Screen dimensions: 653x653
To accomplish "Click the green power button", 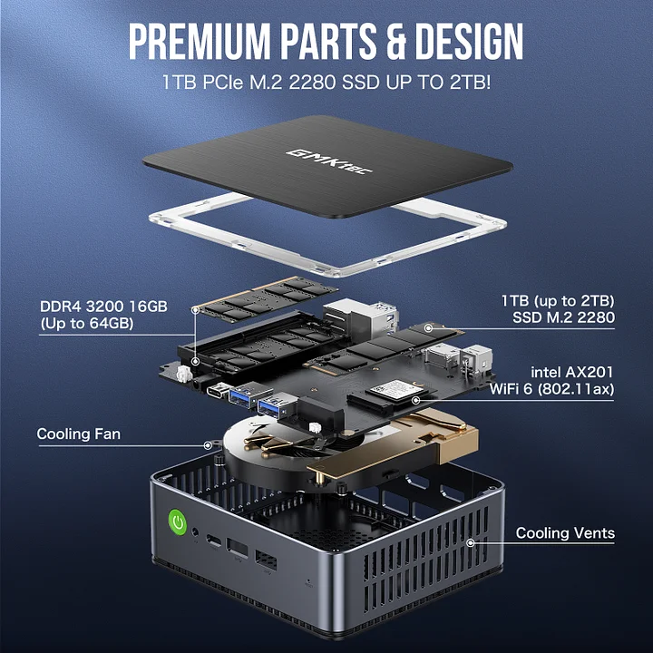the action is coord(179,521).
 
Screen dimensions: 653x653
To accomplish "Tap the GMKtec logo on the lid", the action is coord(329,161).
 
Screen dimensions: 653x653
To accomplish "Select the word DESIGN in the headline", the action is coord(470,41).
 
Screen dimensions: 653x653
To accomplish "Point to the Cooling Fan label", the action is coord(79,434).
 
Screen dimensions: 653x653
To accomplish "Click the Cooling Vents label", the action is coord(565,533).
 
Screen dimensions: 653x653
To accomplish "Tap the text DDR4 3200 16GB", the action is coord(103,307).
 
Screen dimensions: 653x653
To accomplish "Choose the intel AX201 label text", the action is coord(571,372).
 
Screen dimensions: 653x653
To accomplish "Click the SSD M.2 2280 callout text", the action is coord(563,317).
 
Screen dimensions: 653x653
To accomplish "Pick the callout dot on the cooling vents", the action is coord(471,542).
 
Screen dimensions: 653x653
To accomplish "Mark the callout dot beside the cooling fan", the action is coord(208,445).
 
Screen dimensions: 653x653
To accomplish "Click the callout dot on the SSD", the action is coord(428,328).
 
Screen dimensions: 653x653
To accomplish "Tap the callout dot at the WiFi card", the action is coord(415,401).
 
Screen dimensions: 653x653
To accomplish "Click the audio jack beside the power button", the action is coord(195,532).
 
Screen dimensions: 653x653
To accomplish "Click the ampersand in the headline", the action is coord(395,41).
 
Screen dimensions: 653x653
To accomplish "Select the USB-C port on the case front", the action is coord(214,541).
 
